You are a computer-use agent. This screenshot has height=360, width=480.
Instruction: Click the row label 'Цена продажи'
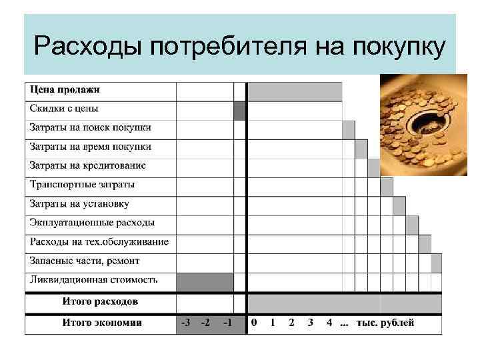[65, 89]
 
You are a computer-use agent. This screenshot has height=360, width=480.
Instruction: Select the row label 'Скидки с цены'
[64, 108]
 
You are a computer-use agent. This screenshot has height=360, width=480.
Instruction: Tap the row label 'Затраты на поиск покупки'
[90, 127]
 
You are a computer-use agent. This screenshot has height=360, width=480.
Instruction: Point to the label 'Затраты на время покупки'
[90, 147]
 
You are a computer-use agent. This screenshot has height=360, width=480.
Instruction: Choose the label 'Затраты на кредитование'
[87, 165]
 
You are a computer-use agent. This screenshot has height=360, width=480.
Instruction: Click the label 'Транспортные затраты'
[82, 185]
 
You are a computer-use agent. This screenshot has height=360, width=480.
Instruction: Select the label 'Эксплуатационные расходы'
[92, 223]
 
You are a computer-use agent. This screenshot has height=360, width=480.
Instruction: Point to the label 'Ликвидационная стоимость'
[93, 280]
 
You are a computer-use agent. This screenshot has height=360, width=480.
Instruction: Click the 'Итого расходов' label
[101, 301]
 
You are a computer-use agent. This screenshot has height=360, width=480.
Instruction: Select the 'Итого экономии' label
[102, 323]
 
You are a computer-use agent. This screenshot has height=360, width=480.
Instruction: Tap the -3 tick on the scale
[185, 323]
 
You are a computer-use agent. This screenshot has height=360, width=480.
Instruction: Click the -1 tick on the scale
[227, 323]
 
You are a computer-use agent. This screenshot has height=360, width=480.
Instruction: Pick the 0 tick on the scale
[253, 323]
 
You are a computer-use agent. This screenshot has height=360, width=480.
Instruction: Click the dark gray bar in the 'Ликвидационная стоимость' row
[205, 282]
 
